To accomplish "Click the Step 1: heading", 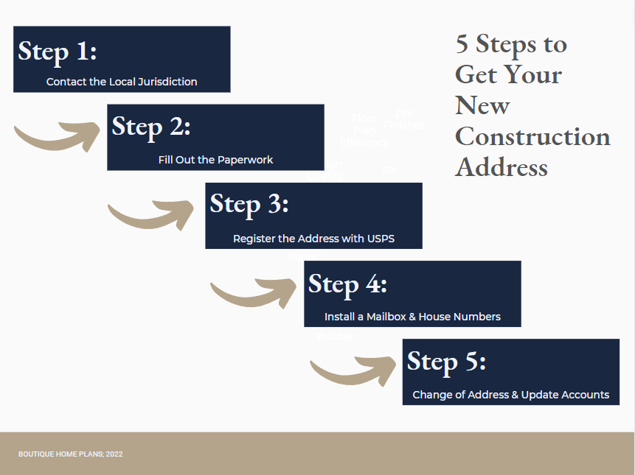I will (x=58, y=52).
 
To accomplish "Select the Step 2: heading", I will (x=151, y=127).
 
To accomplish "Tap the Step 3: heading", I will (x=249, y=204).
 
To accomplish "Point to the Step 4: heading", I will (x=347, y=284).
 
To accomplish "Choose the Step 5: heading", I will (x=446, y=362).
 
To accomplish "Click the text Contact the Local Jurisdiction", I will (x=122, y=82).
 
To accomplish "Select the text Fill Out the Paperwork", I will (x=215, y=160).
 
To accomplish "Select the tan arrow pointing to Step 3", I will (x=155, y=213).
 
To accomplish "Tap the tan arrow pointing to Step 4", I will (x=254, y=292).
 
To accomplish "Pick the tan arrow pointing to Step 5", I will (x=354, y=370).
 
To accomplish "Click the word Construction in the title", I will (x=532, y=137).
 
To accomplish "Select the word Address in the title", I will (x=502, y=167).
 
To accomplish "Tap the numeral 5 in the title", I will (x=462, y=44).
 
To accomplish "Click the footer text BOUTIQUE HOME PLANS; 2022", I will (x=71, y=454).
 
